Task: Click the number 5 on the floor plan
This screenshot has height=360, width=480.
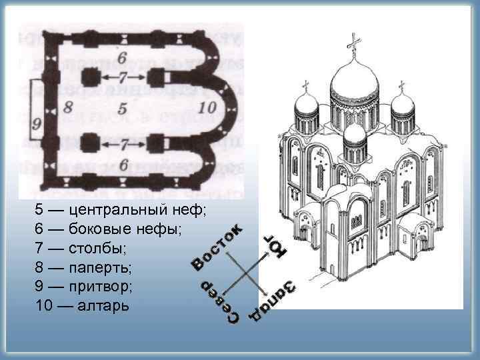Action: point(121,107)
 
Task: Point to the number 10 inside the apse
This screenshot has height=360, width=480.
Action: point(207,107)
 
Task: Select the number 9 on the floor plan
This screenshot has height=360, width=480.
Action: point(36,123)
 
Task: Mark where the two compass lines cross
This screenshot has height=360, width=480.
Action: point(248,273)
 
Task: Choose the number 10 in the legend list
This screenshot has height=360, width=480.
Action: point(44,307)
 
